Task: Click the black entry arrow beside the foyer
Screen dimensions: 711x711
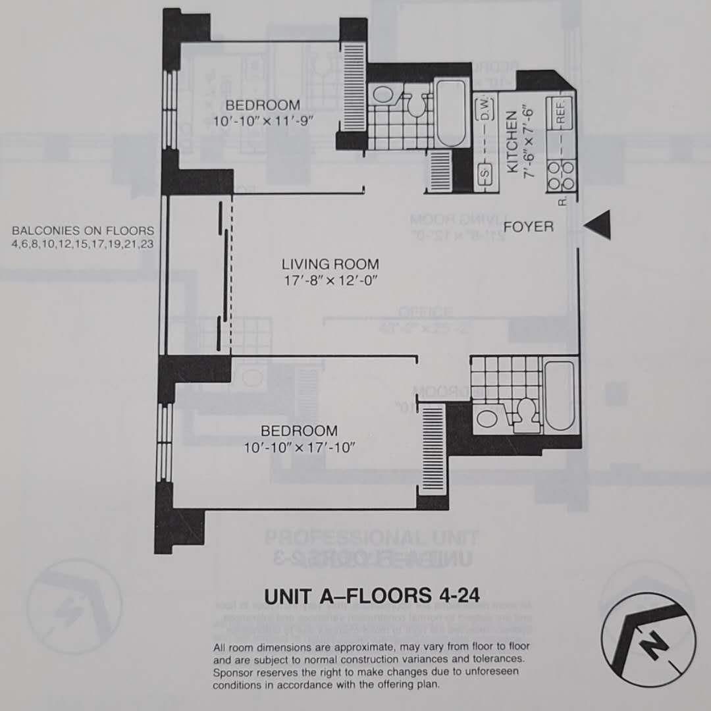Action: (x=600, y=226)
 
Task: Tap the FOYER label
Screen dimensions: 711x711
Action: (x=529, y=227)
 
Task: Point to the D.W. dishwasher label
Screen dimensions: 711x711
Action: (x=486, y=113)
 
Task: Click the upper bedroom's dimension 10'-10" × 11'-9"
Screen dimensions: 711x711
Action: (x=263, y=121)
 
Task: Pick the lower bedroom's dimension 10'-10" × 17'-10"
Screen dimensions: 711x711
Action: (x=299, y=448)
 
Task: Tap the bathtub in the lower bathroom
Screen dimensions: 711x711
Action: (x=561, y=394)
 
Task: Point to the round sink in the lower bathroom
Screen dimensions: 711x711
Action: (x=487, y=417)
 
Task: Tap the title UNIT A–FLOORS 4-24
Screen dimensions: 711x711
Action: (x=371, y=595)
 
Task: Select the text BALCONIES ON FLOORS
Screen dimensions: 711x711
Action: (x=83, y=230)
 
